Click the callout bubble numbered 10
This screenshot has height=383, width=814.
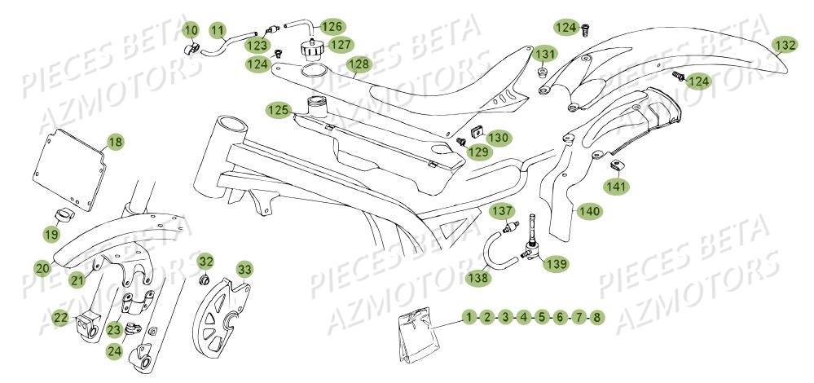pyautogui.click(x=191, y=32)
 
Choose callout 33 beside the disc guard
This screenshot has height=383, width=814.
pyautogui.click(x=244, y=269)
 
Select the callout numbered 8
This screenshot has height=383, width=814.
pyautogui.click(x=597, y=316)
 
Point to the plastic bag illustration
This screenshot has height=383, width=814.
pyautogui.click(x=415, y=333)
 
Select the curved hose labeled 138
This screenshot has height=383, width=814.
pyautogui.click(x=495, y=252)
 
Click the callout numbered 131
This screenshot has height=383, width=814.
pyautogui.click(x=546, y=55)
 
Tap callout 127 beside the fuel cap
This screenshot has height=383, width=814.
pyautogui.click(x=341, y=44)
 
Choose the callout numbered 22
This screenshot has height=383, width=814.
pyautogui.click(x=60, y=319)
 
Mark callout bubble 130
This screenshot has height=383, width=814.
pyautogui.click(x=499, y=138)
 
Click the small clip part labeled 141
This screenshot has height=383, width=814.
pyautogui.click(x=617, y=167)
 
